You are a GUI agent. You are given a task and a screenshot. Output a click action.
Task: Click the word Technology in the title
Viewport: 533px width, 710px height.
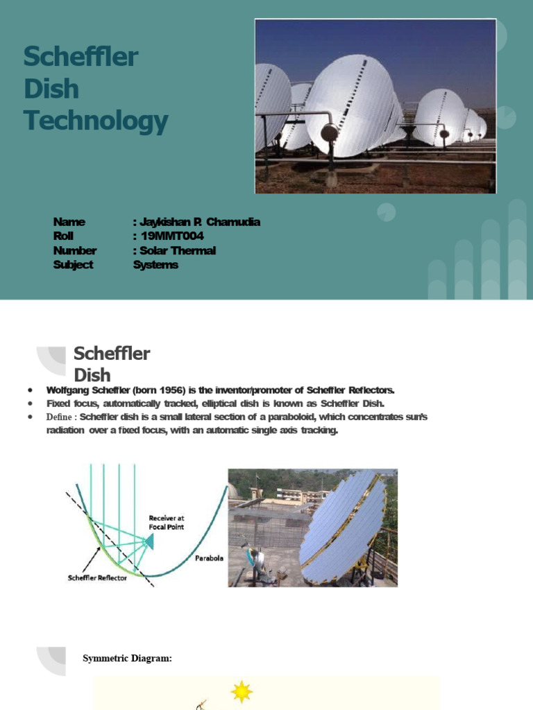(x=96, y=121)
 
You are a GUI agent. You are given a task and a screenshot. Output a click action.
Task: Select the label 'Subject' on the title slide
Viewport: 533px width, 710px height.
(x=73, y=265)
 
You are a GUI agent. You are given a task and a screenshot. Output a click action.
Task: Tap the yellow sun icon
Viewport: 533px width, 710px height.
(x=242, y=691)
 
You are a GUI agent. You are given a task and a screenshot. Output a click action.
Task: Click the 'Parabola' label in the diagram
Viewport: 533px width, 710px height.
(x=209, y=558)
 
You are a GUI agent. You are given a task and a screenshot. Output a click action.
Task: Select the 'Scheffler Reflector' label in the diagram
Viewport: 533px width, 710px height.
(x=97, y=578)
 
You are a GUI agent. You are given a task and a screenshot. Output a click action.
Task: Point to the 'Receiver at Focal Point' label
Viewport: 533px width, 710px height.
(x=167, y=522)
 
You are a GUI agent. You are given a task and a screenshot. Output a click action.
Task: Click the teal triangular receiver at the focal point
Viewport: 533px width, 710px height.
(x=148, y=540)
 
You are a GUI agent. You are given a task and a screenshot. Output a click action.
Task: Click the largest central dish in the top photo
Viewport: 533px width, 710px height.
(x=350, y=104)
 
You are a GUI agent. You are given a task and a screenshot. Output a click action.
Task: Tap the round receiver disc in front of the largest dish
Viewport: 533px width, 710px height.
(x=330, y=132)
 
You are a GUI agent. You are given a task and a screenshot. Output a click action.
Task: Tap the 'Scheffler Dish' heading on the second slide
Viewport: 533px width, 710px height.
(x=112, y=364)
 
